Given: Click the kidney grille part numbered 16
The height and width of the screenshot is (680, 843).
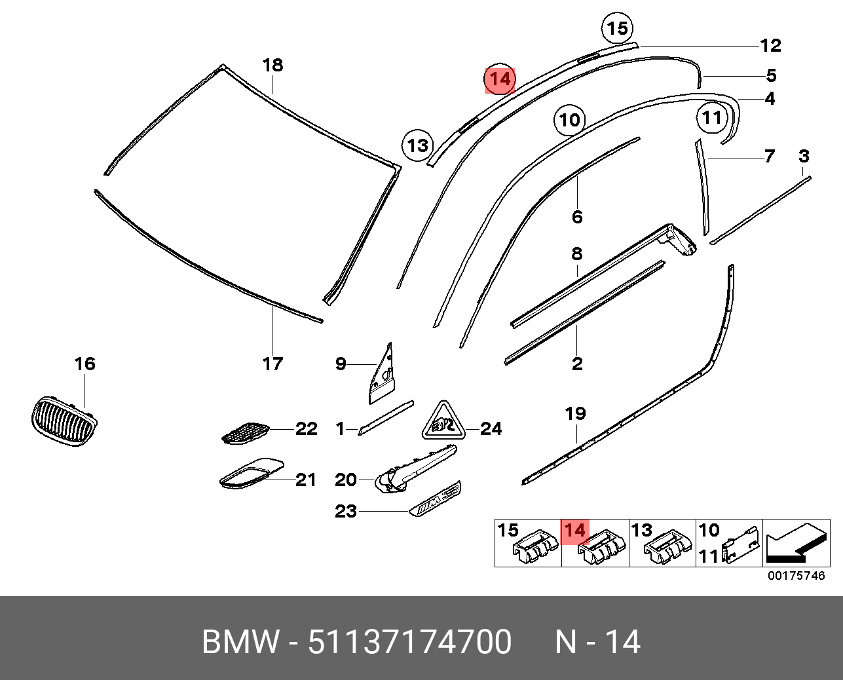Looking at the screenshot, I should pyautogui.click(x=64, y=421).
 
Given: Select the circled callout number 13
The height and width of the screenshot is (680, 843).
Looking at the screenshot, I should pyautogui.click(x=418, y=145).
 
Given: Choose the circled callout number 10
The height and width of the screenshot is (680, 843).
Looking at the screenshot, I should pyautogui.click(x=570, y=120).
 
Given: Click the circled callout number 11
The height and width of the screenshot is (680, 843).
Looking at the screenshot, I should pyautogui.click(x=712, y=118).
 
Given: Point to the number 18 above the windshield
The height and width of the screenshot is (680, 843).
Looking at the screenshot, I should pyautogui.click(x=272, y=65).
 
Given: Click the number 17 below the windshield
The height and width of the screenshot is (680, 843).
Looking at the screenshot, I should pyautogui.click(x=272, y=363).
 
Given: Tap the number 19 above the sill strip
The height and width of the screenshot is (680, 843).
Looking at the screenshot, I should pyautogui.click(x=576, y=413).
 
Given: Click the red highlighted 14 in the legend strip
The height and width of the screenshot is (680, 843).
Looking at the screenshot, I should pyautogui.click(x=575, y=531).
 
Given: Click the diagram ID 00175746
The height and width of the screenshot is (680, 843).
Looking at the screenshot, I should pyautogui.click(x=796, y=576).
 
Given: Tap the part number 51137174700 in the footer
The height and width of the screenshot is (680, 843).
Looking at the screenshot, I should pyautogui.click(x=409, y=642).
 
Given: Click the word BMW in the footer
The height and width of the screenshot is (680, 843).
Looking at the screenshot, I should pyautogui.click(x=240, y=642).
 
